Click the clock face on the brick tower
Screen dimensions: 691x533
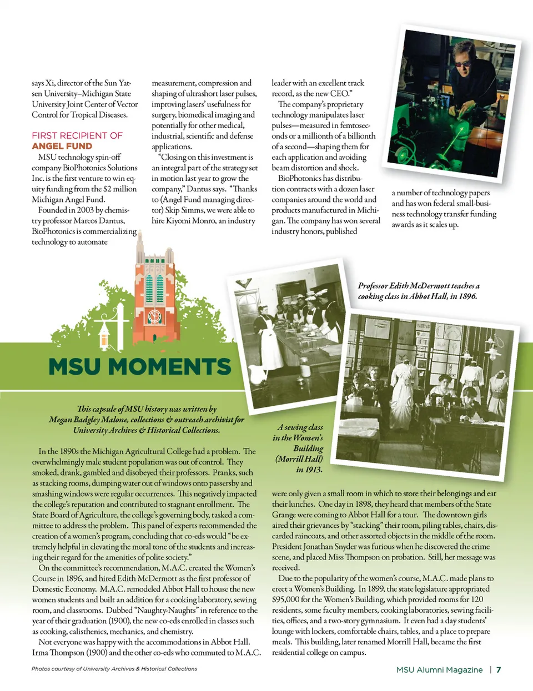coord(154,317)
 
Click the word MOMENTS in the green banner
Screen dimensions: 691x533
coord(170,367)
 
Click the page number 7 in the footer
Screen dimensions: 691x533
coord(499,670)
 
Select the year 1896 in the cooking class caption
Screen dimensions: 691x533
coord(467,296)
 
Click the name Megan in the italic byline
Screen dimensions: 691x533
coord(61,420)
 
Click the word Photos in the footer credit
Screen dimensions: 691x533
coord(41,669)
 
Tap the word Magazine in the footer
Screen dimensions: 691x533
coord(464,670)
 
